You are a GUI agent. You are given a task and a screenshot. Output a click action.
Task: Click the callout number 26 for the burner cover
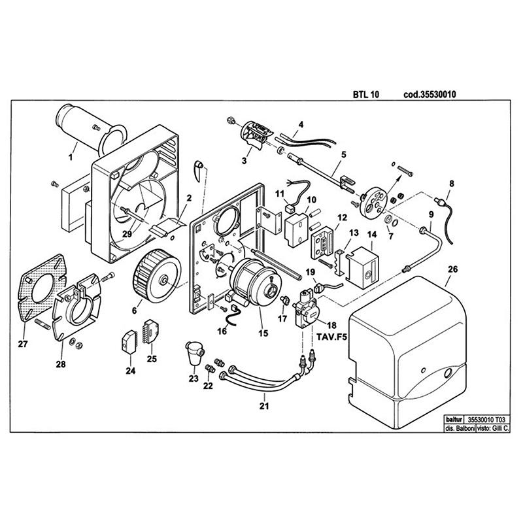[x=452, y=269]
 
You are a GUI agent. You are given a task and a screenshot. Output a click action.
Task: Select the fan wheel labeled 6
[x=157, y=275]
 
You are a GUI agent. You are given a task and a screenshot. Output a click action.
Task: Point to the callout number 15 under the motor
[x=263, y=333]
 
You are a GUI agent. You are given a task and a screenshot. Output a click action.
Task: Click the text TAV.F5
[x=331, y=337]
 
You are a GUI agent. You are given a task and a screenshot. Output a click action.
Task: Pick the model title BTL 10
[x=366, y=94]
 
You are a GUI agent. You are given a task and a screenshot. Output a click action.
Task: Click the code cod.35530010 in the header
[x=430, y=94]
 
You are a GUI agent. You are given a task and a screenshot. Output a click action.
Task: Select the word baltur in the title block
[x=454, y=419]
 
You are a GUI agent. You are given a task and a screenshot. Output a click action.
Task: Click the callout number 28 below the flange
[x=61, y=364]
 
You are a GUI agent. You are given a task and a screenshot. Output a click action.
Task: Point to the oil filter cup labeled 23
[x=195, y=353]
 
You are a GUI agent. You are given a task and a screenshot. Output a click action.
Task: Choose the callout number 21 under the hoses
[x=264, y=406]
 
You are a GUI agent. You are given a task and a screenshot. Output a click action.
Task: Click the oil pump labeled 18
[x=305, y=309]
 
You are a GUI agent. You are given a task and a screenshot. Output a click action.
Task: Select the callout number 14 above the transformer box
[x=372, y=235]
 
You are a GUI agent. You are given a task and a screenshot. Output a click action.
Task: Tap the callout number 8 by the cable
[x=452, y=184]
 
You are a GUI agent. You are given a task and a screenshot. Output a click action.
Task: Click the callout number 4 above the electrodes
[x=301, y=125]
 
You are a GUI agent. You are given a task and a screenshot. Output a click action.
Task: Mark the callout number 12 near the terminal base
[x=342, y=218]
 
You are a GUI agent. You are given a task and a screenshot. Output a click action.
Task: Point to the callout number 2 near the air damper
[x=189, y=198]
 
